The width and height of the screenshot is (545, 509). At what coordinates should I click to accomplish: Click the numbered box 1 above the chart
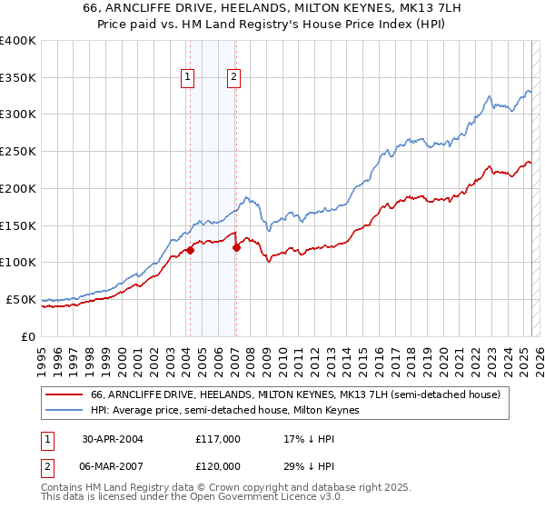[187, 78]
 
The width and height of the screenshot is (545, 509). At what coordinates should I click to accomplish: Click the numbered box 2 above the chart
[233, 78]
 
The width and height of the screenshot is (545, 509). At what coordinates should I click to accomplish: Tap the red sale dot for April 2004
[191, 250]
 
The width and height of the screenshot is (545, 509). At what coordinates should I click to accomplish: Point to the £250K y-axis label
[18, 152]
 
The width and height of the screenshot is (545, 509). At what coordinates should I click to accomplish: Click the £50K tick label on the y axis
[22, 299]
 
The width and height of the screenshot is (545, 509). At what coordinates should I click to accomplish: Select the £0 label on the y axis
[29, 336]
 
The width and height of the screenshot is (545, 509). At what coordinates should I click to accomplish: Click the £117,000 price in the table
[218, 438]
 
